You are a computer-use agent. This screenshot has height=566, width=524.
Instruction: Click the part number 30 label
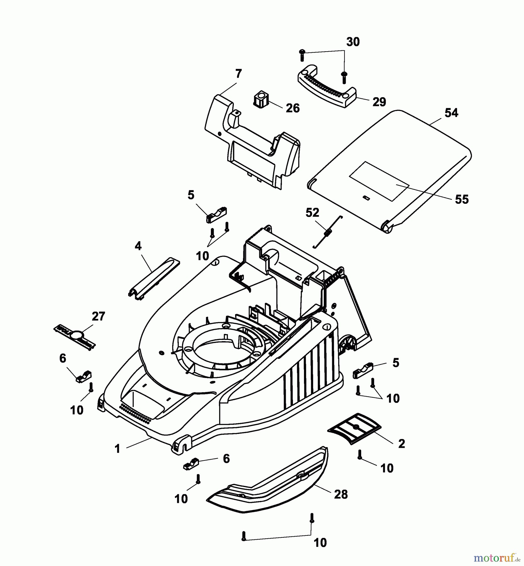pos(353,42)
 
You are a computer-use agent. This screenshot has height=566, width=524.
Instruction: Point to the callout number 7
pos(239,74)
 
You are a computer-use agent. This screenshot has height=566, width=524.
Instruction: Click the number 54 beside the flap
pos(451,113)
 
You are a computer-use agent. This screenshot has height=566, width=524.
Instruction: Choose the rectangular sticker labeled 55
pos(379,181)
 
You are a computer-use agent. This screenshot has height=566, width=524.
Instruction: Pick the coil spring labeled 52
pos(328,232)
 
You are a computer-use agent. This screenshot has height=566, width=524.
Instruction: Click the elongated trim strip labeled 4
pos(154,276)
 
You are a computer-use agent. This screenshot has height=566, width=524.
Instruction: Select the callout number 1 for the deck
pos(118,449)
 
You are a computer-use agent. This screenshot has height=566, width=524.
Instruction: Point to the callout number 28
pos(341,494)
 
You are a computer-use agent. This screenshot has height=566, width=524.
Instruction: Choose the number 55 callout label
pos(462,199)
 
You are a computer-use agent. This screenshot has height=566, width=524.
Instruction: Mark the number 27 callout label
pos(98,316)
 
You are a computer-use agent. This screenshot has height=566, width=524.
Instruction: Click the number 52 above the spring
pos(312,213)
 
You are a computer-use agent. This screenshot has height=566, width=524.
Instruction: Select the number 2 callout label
pos(401,444)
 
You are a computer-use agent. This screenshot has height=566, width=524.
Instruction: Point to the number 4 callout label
pos(138,246)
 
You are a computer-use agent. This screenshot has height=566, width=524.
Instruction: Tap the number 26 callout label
pos(293,108)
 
